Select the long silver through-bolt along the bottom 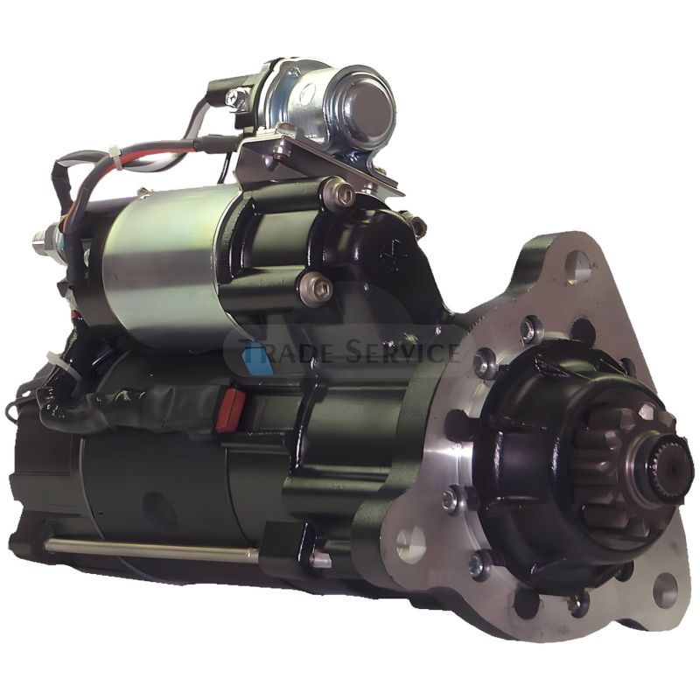click(x=149, y=549)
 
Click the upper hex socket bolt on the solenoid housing click(x=340, y=194)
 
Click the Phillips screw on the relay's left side click(x=234, y=98)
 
